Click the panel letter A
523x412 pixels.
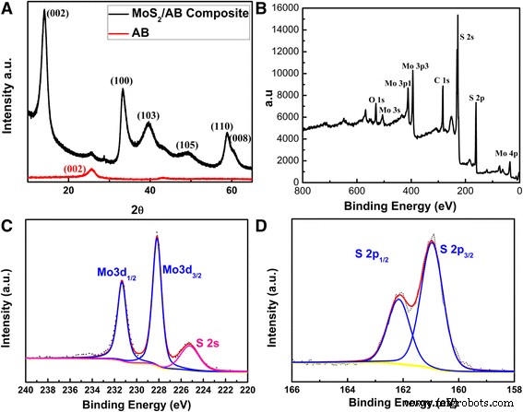tap(8, 8)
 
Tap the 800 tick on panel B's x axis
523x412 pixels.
tap(302, 191)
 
